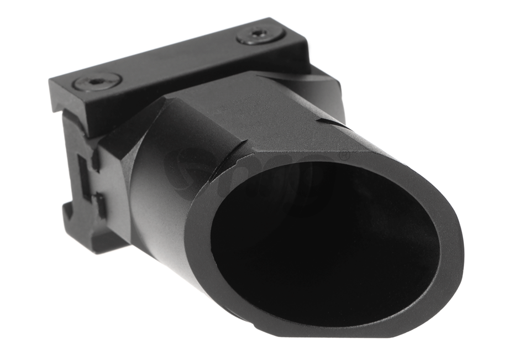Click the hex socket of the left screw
pyautogui.click(x=97, y=81)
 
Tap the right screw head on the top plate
pyautogui.click(x=260, y=35)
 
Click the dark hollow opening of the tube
pyautogui.click(x=321, y=243)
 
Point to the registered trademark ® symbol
pyautogui.click(x=344, y=157)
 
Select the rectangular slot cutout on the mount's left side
pyautogui.click(x=82, y=177)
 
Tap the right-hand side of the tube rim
pyautogui.click(x=450, y=243)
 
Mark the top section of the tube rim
pyautogui.click(x=310, y=155)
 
